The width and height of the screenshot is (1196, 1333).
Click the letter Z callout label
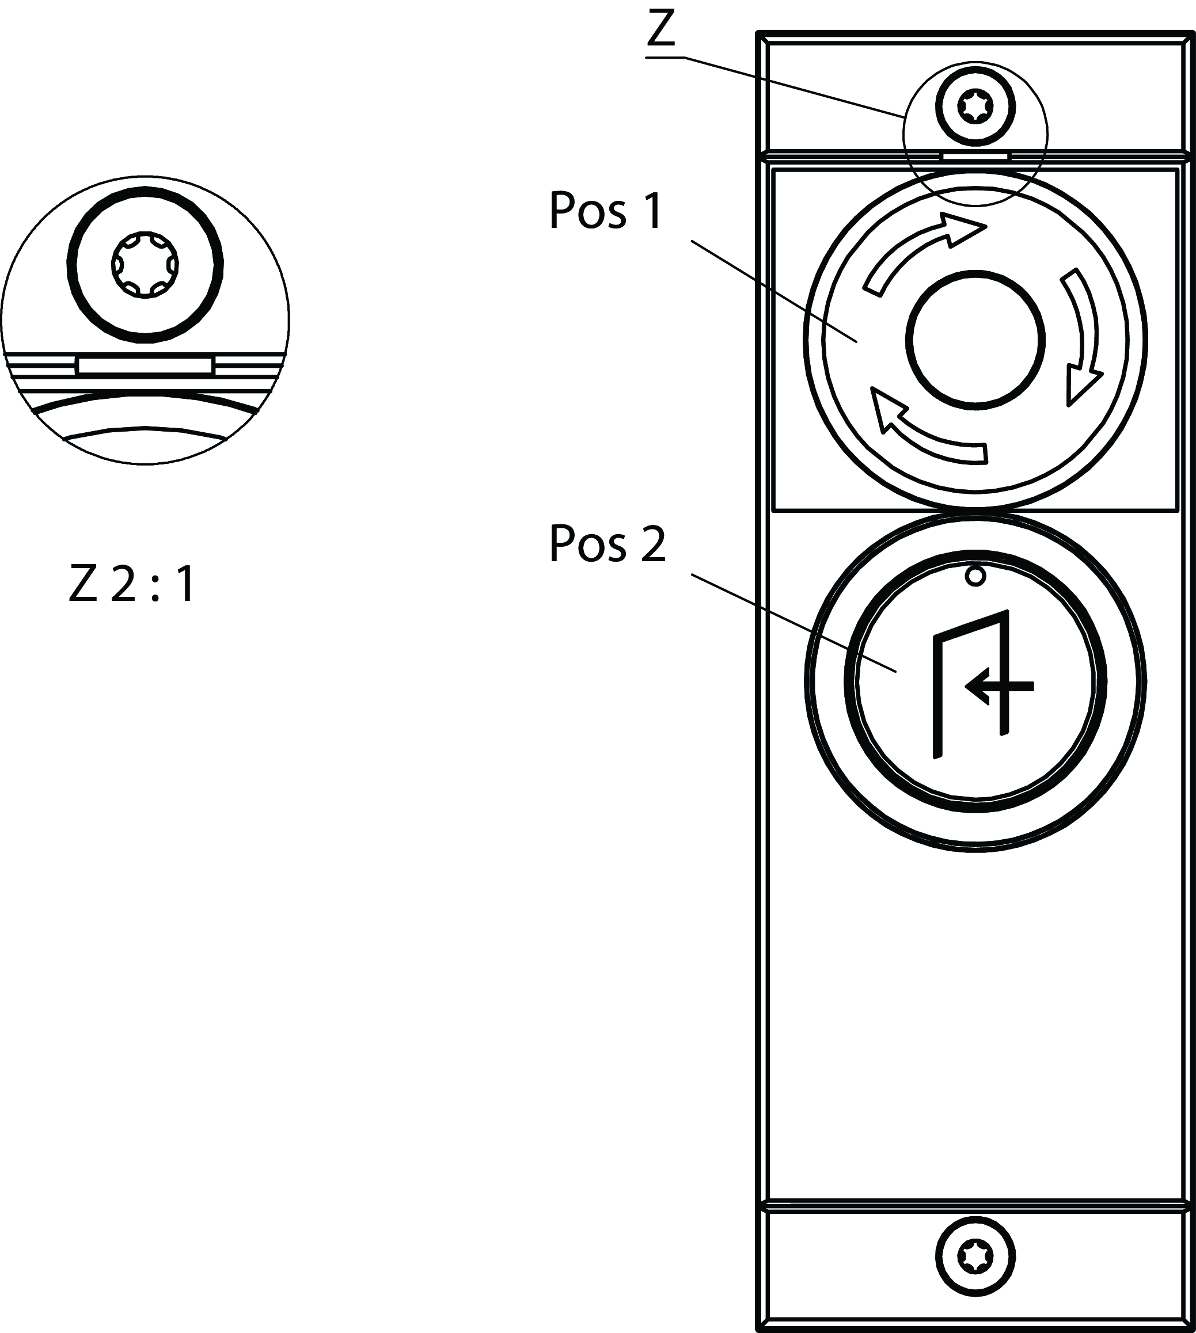[661, 29]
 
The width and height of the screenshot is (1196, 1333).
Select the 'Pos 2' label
[607, 544]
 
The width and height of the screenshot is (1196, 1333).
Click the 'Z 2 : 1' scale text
[132, 585]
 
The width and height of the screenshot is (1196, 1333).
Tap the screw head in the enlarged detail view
[145, 265]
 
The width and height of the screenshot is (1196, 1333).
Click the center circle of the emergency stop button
[975, 340]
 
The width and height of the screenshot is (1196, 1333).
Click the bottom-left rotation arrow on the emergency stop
[920, 433]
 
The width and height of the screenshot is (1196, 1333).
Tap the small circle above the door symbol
[976, 576]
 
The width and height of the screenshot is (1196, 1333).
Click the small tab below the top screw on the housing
[975, 157]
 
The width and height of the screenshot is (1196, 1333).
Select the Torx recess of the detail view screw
[145, 265]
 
